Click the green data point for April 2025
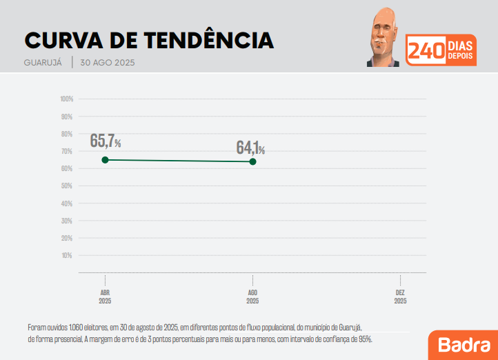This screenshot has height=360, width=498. [105, 160]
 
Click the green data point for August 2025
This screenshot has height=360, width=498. [252, 161]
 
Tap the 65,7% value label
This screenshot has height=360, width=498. [106, 141]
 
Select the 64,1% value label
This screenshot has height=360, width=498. [250, 148]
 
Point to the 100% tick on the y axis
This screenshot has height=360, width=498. [67, 99]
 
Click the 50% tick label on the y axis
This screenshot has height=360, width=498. [67, 186]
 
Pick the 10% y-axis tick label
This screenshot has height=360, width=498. [67, 256]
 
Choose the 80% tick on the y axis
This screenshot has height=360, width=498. [67, 134]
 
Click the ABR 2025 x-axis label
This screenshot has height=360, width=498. [105, 297]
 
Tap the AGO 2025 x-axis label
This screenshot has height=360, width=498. [252, 297]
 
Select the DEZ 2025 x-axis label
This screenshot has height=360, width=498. [400, 297]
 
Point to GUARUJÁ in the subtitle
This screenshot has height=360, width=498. [44, 63]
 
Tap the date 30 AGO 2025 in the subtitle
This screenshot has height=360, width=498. [107, 63]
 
